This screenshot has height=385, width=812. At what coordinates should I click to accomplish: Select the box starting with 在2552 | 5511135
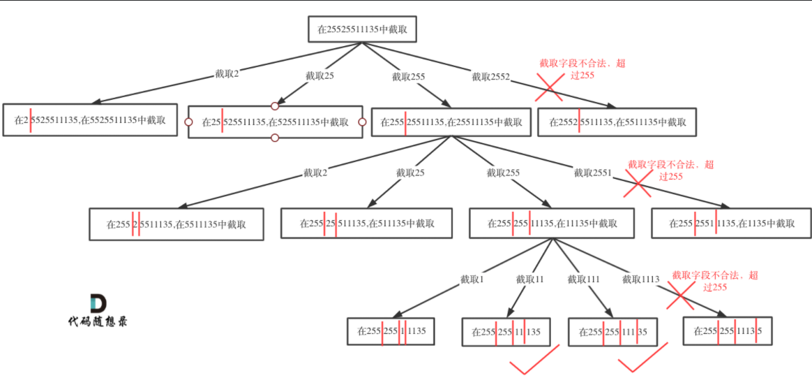click(x=617, y=122)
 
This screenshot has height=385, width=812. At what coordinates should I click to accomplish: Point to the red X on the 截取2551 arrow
click(x=636, y=184)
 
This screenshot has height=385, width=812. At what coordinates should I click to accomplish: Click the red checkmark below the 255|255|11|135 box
click(x=534, y=361)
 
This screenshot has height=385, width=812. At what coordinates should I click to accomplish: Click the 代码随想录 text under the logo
click(x=98, y=322)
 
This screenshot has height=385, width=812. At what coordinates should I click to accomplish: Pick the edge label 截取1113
click(x=640, y=279)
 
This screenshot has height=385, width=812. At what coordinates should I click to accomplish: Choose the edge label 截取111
click(x=583, y=279)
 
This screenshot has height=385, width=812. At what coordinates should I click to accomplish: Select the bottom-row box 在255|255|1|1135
click(x=391, y=331)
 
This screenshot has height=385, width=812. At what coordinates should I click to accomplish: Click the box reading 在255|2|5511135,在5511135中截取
click(x=176, y=224)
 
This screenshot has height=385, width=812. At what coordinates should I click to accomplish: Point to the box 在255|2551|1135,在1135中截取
click(x=730, y=224)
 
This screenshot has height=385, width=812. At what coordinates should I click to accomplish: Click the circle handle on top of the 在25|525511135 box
click(x=275, y=106)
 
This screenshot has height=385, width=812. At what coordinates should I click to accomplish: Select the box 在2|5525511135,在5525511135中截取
click(x=90, y=120)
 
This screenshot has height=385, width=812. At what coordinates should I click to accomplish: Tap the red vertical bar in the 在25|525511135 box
click(x=223, y=121)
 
